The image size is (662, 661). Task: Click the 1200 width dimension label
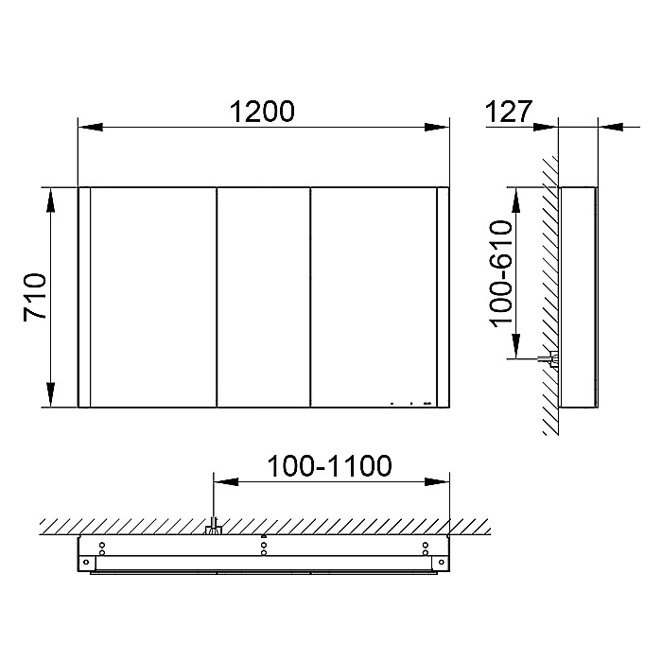point(262,112)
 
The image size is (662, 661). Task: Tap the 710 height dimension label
point(35,297)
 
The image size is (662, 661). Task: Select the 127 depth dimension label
point(509,112)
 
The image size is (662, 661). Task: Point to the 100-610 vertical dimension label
point(501,273)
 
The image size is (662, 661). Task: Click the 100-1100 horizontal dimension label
point(329,466)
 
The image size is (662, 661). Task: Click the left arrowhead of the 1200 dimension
point(91,127)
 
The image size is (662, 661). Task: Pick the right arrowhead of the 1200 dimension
point(437,127)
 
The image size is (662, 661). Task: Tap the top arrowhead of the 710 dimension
point(51,200)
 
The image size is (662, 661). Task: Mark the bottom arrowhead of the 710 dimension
point(51,394)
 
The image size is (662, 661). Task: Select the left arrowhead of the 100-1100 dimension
point(226,481)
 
